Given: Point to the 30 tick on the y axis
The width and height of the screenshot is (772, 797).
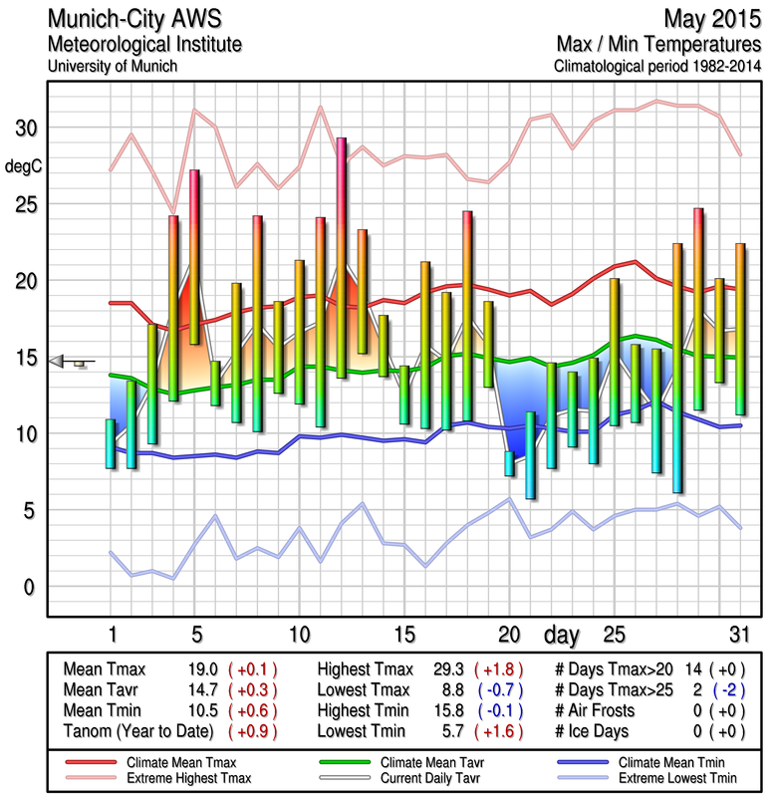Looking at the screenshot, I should tap(24, 129).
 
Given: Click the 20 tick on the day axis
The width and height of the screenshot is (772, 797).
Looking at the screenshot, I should tap(509, 634).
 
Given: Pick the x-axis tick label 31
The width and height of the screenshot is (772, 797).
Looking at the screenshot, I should tap(739, 634).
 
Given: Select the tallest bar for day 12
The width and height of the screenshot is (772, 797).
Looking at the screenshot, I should tap(342, 257).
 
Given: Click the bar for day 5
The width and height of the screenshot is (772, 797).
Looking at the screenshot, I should tap(194, 257).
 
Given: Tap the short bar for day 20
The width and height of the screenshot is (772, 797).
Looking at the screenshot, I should tap(509, 463).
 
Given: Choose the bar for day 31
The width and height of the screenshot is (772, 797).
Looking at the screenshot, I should tap(740, 328).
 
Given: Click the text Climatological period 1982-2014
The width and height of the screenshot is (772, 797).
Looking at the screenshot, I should tap(658, 66).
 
